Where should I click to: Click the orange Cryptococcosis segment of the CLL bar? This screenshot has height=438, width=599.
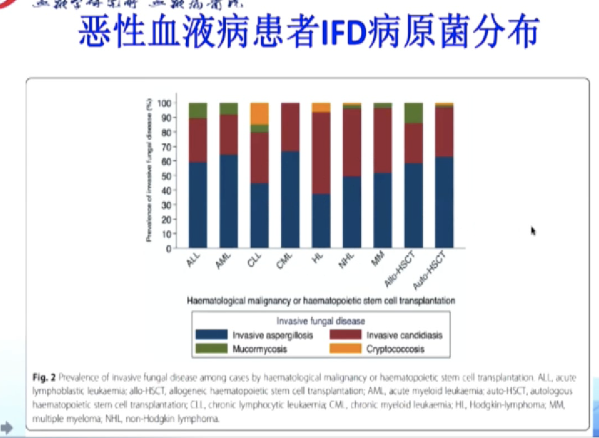click(259, 114)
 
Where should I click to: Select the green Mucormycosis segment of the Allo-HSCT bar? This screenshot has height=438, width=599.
click(413, 113)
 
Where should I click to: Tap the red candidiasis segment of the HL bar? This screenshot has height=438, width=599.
click(321, 153)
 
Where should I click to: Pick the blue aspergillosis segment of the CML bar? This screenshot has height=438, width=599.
click(290, 199)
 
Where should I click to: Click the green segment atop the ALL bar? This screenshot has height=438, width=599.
click(198, 110)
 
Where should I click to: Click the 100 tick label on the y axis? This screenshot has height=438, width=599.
click(164, 103)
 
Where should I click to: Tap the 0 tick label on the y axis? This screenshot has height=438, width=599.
click(168, 249)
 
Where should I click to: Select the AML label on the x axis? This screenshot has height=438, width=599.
click(223, 261)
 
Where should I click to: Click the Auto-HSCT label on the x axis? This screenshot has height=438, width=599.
click(429, 270)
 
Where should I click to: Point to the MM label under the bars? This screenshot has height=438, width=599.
click(378, 259)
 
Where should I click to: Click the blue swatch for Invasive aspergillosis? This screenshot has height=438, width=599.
click(212, 335)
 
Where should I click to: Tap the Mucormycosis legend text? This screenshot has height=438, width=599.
click(259, 349)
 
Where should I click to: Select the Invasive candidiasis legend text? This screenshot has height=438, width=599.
click(404, 336)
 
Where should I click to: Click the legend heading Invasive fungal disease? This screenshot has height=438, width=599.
click(321, 321)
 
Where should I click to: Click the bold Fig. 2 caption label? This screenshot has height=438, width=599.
click(44, 378)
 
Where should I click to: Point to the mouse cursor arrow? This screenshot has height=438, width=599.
click(533, 231)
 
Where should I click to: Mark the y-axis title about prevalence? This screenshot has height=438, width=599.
click(149, 171)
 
